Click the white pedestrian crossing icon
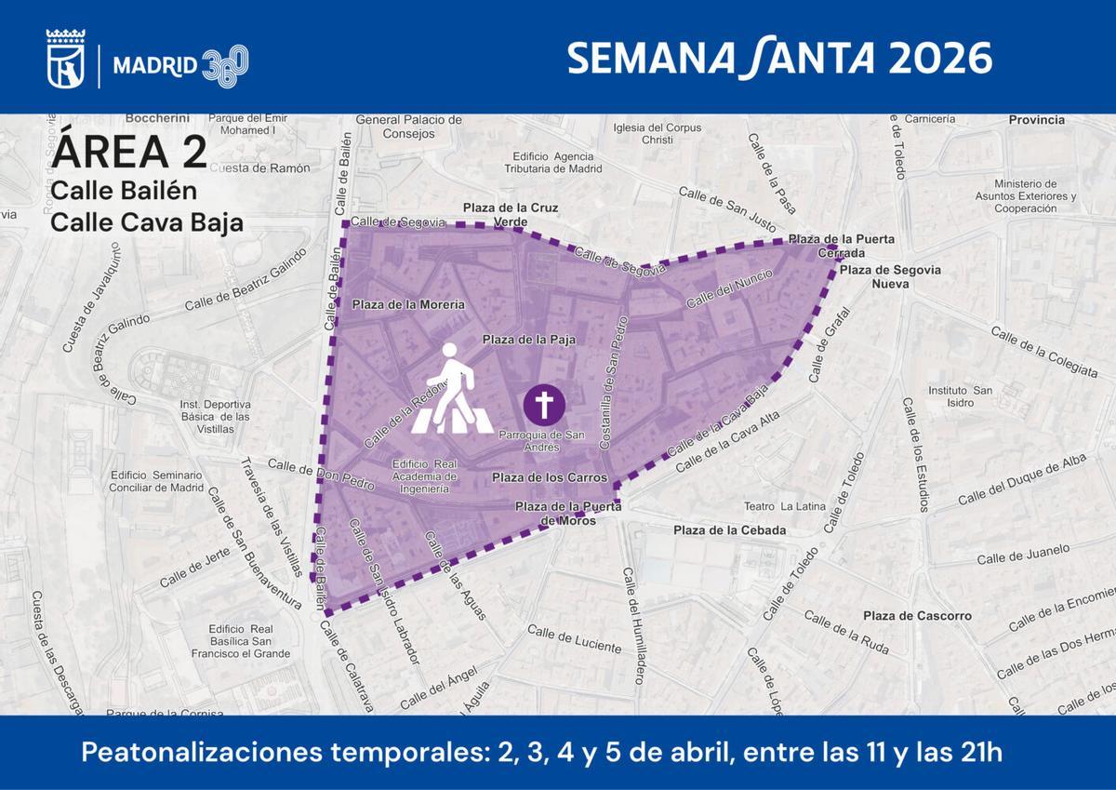tap(453, 391)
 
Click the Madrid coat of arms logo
tap(66, 60)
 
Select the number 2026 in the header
tap(938, 59)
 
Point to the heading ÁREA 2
tap(129, 152)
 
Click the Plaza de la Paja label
tap(528, 341)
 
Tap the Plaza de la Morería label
tap(408, 304)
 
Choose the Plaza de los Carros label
tap(550, 478)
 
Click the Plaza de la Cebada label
tap(730, 530)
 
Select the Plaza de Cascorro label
tap(917, 616)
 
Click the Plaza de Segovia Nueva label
tap(890, 276)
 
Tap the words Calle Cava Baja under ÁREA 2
tap(147, 223)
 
